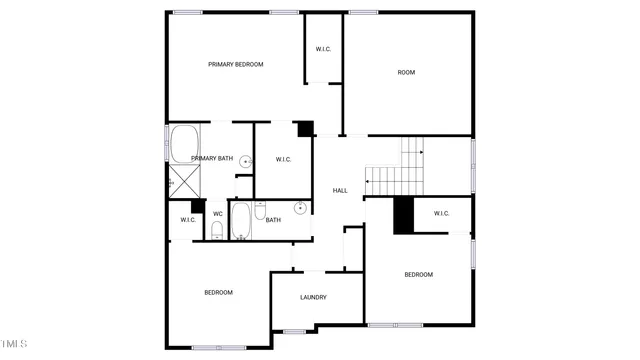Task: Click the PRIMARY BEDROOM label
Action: click(235, 65)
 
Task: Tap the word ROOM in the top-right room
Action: click(406, 72)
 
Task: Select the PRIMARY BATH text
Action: click(212, 158)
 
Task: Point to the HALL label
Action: click(340, 190)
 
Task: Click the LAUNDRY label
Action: click(313, 297)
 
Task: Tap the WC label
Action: click(217, 213)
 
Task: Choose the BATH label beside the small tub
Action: click(273, 220)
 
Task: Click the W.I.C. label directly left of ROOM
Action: click(324, 49)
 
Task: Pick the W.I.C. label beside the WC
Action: click(188, 220)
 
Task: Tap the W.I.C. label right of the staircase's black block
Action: click(442, 213)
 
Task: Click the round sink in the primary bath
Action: click(245, 160)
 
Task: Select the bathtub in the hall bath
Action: click(240, 221)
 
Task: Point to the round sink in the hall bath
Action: click(298, 208)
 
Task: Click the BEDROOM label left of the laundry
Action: click(218, 293)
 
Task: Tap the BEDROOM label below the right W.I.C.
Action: click(418, 274)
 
